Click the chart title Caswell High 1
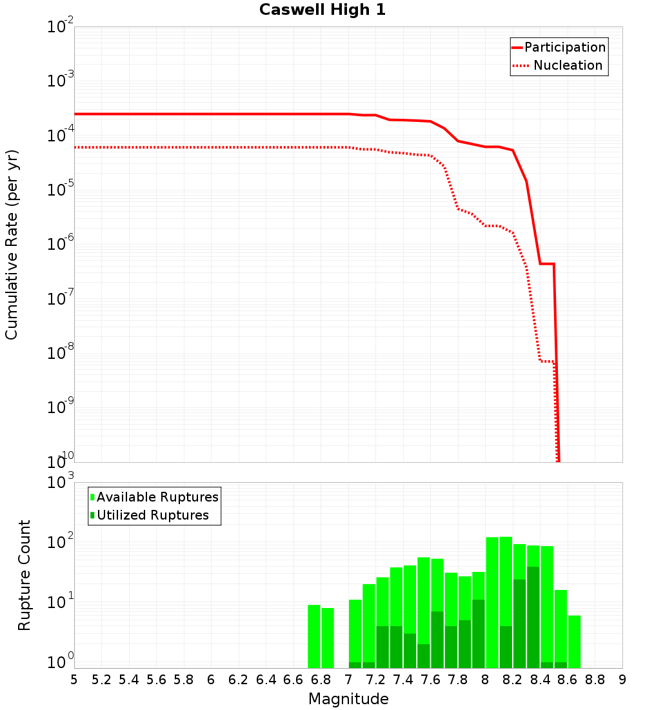(322, 10)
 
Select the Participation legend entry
(565, 47)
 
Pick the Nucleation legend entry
(568, 65)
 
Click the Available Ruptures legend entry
(157, 497)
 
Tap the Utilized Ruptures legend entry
(152, 515)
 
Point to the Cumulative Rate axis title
(12, 244)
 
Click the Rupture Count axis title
(25, 575)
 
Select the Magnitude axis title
(348, 699)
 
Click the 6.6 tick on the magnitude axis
(293, 680)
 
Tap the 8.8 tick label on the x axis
(595, 680)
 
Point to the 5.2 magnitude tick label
(102, 680)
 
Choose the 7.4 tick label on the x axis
(403, 680)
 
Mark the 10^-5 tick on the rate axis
(61, 191)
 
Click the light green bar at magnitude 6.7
(314, 636)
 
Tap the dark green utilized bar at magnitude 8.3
(533, 617)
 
